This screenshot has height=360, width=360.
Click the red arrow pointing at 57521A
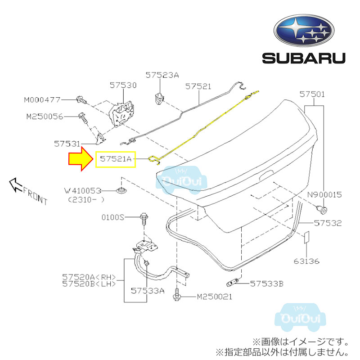[80, 160]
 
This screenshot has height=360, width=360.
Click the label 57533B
[267, 283]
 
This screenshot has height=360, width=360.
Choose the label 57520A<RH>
[89, 277]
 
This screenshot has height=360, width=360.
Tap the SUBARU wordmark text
[304, 58]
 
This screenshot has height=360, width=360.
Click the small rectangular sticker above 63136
[306, 237]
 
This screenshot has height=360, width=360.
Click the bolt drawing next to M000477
[80, 99]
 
